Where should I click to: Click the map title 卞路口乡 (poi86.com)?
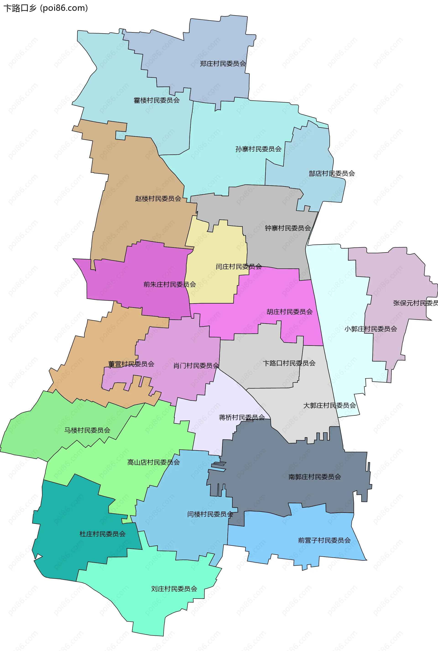tap(46, 8)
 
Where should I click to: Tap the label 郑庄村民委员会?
tap(223, 64)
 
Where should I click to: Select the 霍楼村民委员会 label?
tap(156, 100)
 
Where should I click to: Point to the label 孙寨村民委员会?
tap(258, 149)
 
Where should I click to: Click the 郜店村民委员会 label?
tap(331, 173)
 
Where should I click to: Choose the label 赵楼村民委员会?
tap(158, 199)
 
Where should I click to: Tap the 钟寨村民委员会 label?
tap(288, 228)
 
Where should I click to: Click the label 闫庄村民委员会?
tap(239, 267)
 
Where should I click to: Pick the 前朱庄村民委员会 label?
tap(169, 285)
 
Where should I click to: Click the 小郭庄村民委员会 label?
tap(370, 329)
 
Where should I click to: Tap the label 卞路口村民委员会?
tap(289, 363)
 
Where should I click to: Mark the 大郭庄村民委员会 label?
tap(329, 405)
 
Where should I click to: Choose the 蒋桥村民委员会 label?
tap(242, 417)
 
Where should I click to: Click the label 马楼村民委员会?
tap(87, 430)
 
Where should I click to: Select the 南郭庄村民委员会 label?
tap(315, 477)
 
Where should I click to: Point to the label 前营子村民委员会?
tap(324, 540)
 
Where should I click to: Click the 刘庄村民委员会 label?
tap(174, 589)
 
